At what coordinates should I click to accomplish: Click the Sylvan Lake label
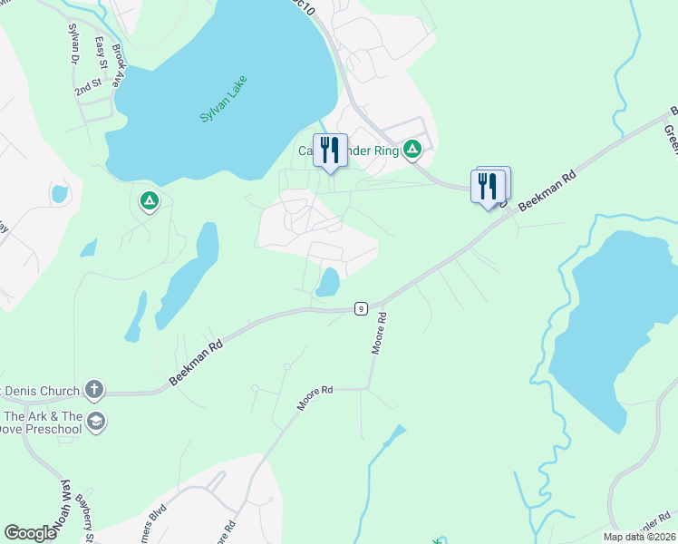tap(223, 100)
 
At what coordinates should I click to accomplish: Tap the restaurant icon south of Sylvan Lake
tap(330, 150)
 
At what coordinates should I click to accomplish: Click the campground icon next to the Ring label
tap(412, 149)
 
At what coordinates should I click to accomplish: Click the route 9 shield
tap(361, 309)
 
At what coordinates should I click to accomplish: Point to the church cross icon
tap(92, 391)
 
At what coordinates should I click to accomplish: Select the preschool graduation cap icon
tap(95, 421)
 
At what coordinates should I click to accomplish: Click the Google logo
tap(31, 533)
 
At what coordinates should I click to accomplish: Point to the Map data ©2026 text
tap(639, 537)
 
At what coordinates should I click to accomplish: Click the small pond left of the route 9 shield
tap(327, 282)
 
